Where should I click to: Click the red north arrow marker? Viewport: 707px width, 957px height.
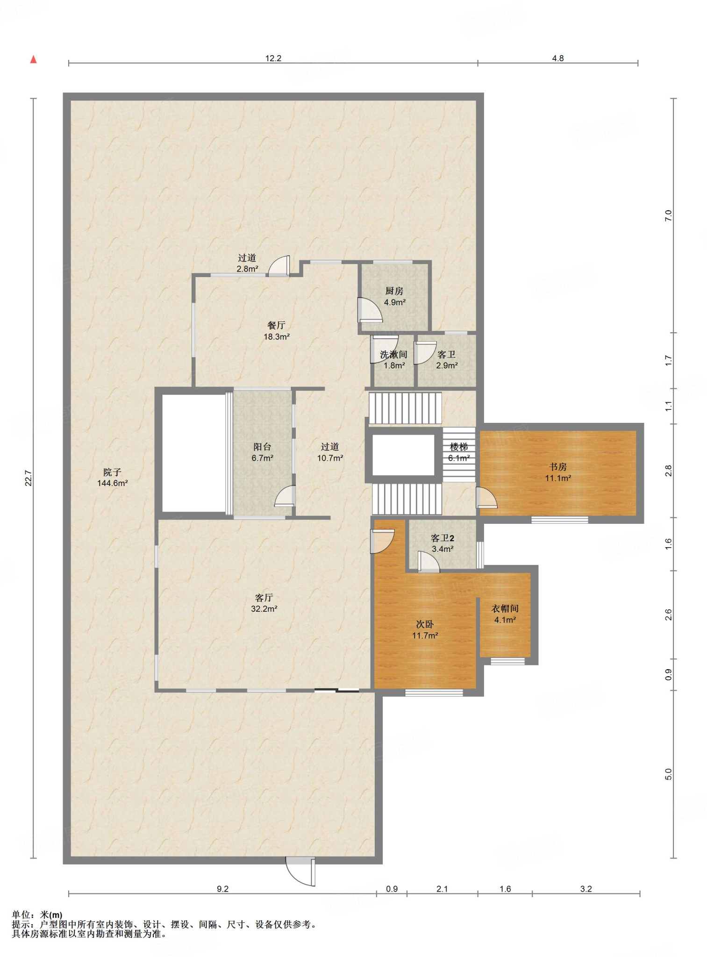coord(33,59)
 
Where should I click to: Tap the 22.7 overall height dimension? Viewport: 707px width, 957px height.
coord(29,478)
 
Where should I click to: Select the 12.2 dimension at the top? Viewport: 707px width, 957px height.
coord(273,58)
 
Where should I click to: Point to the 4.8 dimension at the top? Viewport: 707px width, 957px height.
coord(558,58)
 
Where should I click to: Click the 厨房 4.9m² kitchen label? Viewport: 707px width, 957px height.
coord(394,296)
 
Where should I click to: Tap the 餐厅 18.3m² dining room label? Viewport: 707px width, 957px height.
coord(277,330)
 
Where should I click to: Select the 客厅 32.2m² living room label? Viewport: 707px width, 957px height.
coord(264,603)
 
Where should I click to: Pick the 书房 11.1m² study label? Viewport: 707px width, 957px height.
coord(558,472)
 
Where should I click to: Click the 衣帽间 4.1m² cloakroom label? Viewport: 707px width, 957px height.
coord(505,614)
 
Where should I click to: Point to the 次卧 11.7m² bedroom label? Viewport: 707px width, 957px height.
coord(425,629)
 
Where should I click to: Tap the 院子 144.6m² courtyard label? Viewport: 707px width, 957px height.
coord(113,478)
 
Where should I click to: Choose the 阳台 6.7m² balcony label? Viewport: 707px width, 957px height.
coord(262,452)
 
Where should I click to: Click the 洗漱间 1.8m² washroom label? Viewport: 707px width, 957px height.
coord(393,360)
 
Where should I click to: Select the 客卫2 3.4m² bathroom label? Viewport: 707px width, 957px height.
coord(442,543)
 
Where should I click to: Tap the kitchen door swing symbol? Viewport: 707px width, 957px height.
coord(369,310)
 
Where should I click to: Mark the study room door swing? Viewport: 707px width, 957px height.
coord(486,498)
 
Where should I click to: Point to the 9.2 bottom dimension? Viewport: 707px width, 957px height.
coord(222,889)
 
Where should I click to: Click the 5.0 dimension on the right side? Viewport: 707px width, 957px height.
coord(668,774)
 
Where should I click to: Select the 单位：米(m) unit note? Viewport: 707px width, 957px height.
coord(37,914)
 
